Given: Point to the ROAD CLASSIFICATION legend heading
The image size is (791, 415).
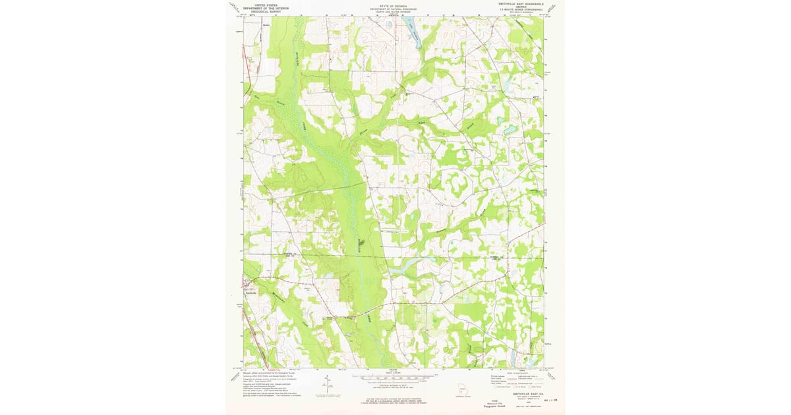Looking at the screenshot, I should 517,372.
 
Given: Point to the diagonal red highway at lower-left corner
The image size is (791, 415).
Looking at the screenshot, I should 258,349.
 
